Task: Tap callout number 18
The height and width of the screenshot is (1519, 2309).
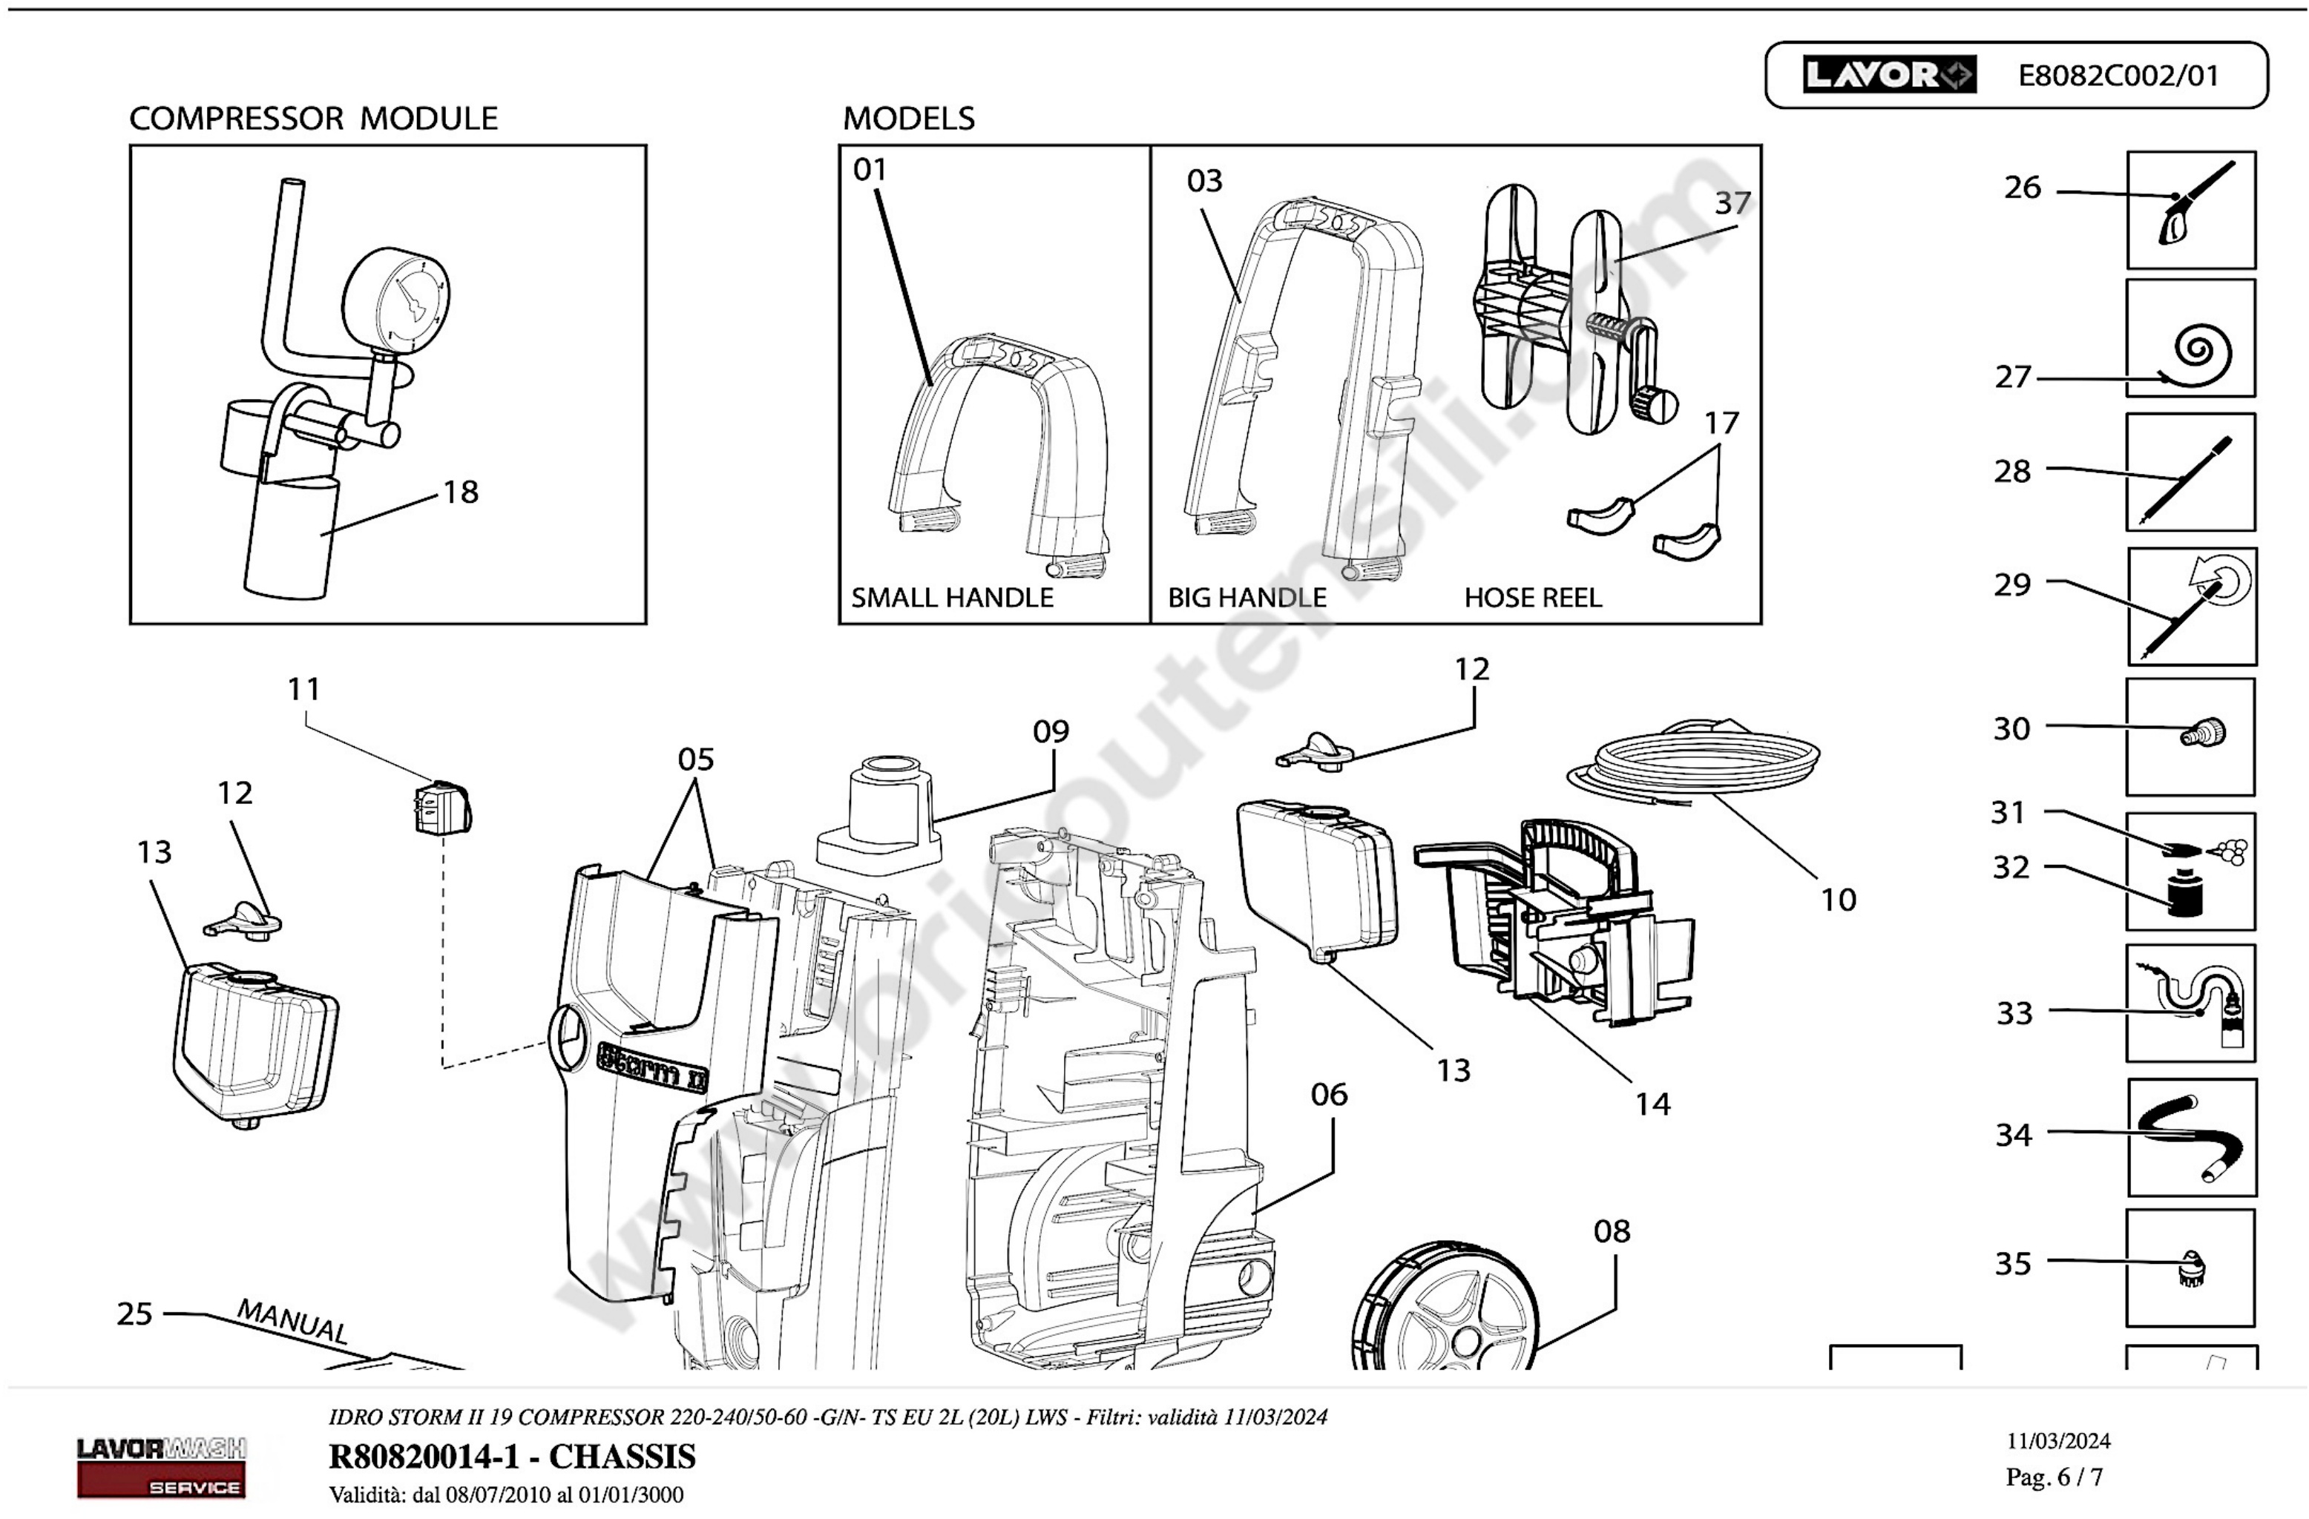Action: point(461,492)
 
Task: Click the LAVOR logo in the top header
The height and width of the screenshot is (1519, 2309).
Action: point(1889,75)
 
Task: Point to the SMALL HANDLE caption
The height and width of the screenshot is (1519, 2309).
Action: point(952,598)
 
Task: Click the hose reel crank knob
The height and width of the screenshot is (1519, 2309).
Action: point(1653,403)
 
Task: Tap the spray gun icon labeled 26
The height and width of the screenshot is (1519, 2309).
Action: point(2195,205)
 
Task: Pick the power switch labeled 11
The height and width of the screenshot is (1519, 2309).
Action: point(436,808)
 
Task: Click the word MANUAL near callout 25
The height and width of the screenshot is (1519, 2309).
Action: point(292,1321)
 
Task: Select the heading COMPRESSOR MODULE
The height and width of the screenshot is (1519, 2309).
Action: point(313,119)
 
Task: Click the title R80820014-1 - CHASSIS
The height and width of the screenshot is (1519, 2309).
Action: point(512,1457)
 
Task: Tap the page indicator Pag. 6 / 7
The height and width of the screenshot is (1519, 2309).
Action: point(2054,1477)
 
